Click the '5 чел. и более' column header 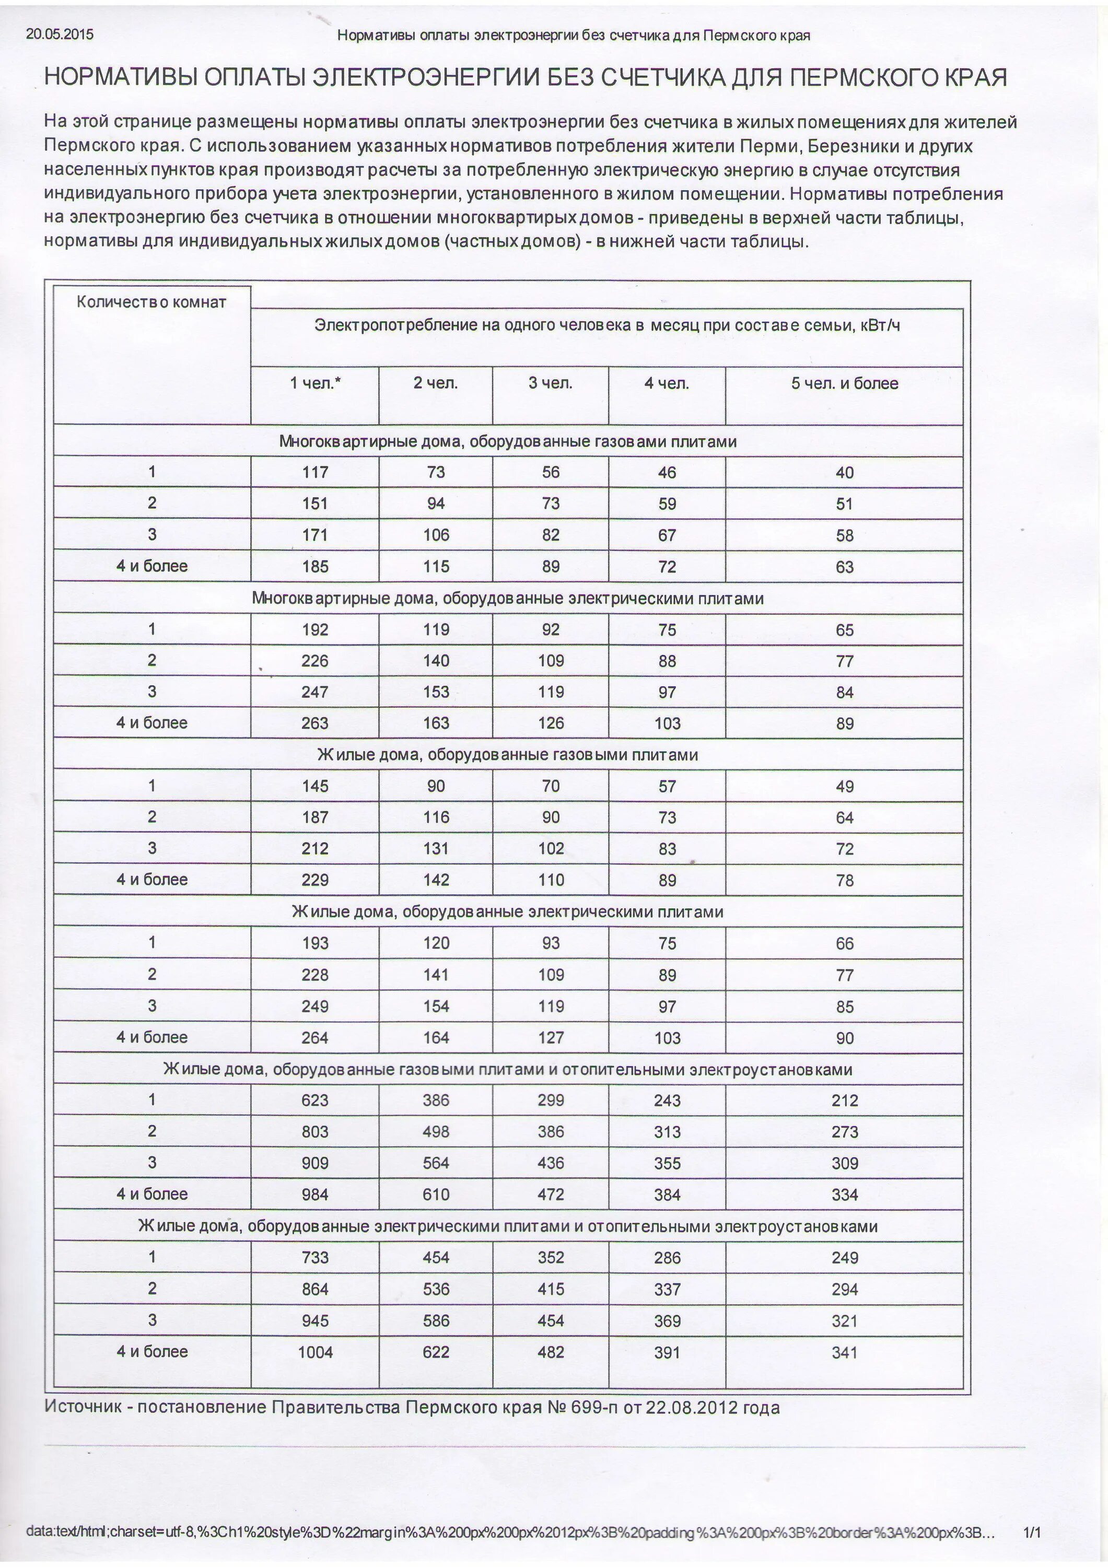pyautogui.click(x=845, y=383)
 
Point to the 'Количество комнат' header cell pyautogui.click(x=151, y=302)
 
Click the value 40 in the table pyautogui.click(x=845, y=473)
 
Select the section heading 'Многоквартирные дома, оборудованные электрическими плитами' pyautogui.click(x=507, y=599)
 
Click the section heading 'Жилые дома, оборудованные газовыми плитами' pyautogui.click(x=507, y=755)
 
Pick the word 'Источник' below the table pyautogui.click(x=83, y=1407)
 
